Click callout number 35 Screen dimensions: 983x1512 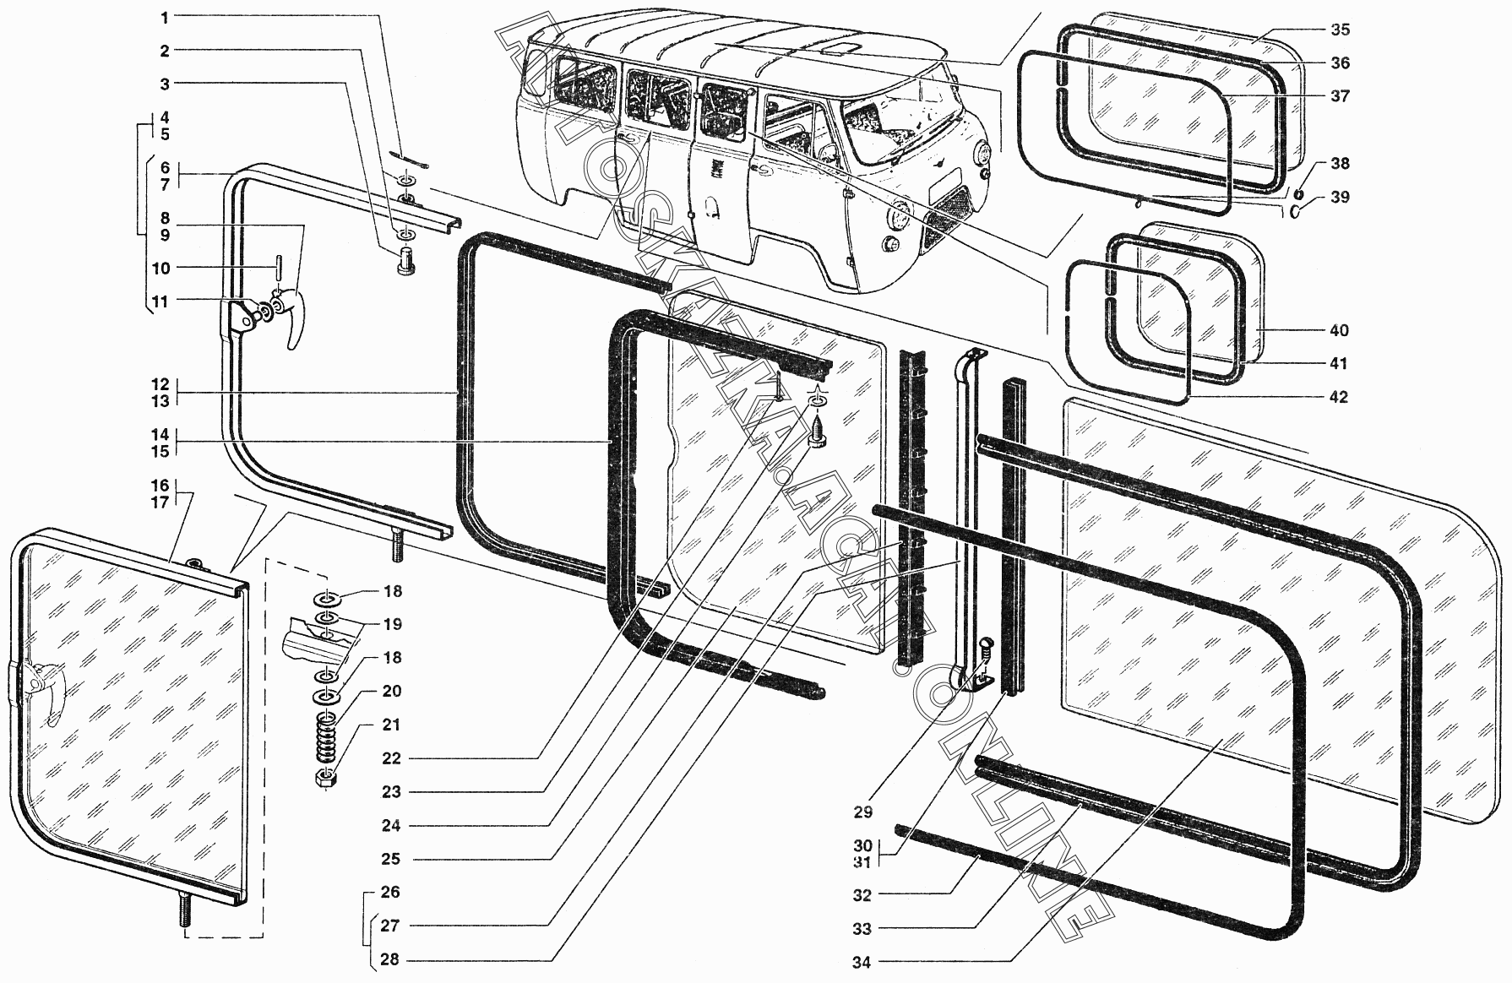[1340, 30]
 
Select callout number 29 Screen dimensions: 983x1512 [862, 812]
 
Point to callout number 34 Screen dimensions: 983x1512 [862, 962]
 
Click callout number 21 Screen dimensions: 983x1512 [391, 725]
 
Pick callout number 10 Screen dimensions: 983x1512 [160, 269]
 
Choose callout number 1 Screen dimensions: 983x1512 [166, 17]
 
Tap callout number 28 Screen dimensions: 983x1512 [389, 959]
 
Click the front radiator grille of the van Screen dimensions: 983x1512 [949, 215]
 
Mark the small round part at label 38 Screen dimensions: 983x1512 [1299, 172]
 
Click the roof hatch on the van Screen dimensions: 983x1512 [838, 50]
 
